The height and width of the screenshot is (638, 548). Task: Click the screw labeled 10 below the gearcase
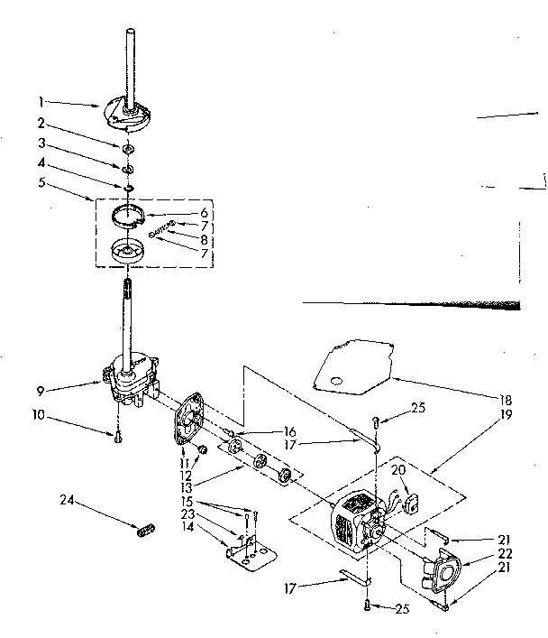[x=117, y=438]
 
